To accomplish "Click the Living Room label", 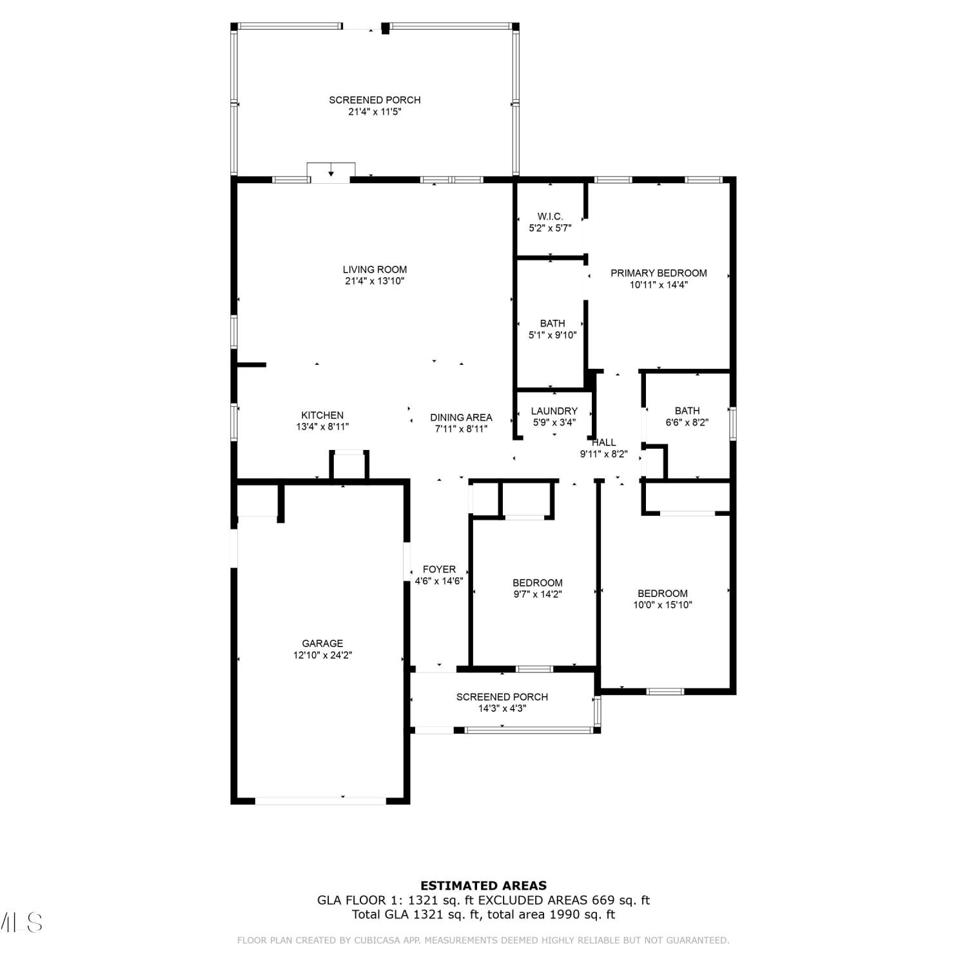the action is tap(375, 269).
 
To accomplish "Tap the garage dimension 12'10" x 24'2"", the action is tap(322, 655).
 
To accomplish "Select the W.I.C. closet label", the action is tap(550, 217).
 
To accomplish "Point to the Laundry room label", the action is tap(554, 411).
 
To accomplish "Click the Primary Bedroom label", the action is tap(659, 273).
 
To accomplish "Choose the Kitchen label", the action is tap(322, 416).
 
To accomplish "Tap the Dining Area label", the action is tap(461, 418).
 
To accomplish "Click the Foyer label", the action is tap(439, 569).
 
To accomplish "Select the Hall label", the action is tap(603, 442).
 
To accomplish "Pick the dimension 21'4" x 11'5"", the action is tap(375, 112).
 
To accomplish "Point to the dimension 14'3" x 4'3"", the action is tap(502, 708).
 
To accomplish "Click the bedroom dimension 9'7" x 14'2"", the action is tap(538, 594).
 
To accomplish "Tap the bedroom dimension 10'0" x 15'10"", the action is tap(663, 605).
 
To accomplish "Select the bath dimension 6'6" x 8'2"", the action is tap(687, 422).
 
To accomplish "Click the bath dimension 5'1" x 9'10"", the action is tap(552, 335).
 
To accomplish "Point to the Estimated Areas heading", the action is tap(484, 886).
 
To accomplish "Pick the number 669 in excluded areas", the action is tap(601, 900).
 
